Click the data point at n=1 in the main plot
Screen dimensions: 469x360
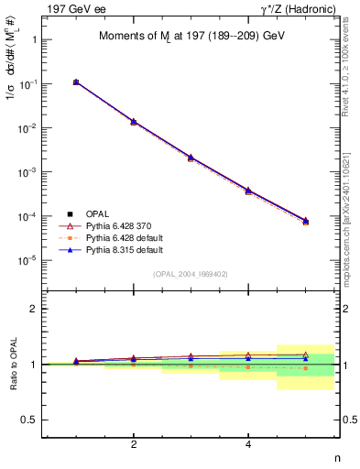[x=76, y=82]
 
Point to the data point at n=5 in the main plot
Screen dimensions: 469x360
[x=305, y=221]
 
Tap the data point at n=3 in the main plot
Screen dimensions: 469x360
[x=191, y=158]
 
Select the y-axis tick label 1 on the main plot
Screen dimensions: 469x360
[x=33, y=40]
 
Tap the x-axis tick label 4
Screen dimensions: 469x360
[x=248, y=445]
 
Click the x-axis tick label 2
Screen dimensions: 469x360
[x=134, y=445]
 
